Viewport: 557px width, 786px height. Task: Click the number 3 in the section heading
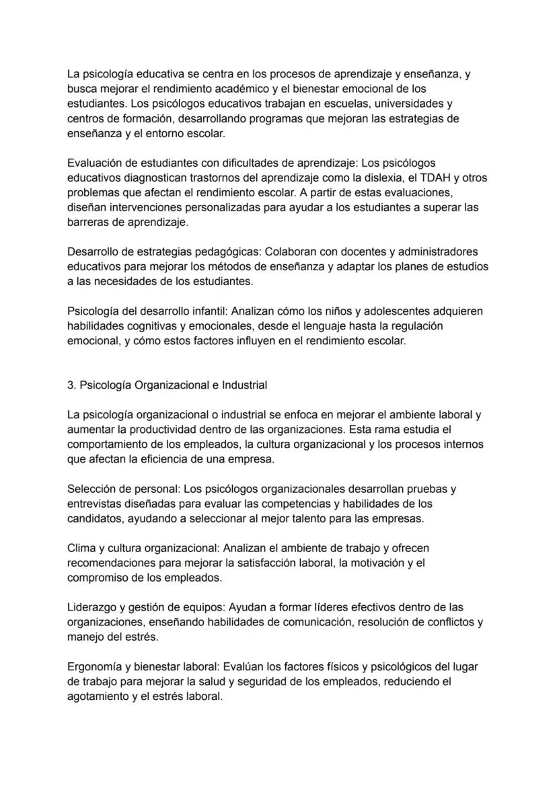71,385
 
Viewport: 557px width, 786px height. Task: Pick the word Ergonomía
94,667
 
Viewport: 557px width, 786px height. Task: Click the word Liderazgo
91,607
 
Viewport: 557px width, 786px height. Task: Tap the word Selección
91,489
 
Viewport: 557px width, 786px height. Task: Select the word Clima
81,548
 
